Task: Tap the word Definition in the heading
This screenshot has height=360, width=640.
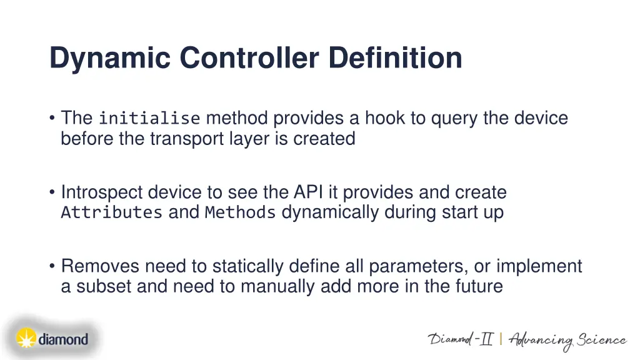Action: tap(396, 58)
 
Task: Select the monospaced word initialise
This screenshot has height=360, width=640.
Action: tap(149, 118)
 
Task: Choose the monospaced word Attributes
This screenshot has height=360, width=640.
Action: tap(111, 212)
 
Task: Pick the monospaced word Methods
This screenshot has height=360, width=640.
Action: tap(240, 212)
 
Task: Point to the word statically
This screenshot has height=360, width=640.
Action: tap(248, 266)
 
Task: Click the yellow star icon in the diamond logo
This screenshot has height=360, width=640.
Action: tap(26, 338)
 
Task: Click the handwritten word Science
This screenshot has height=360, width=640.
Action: tap(601, 341)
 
